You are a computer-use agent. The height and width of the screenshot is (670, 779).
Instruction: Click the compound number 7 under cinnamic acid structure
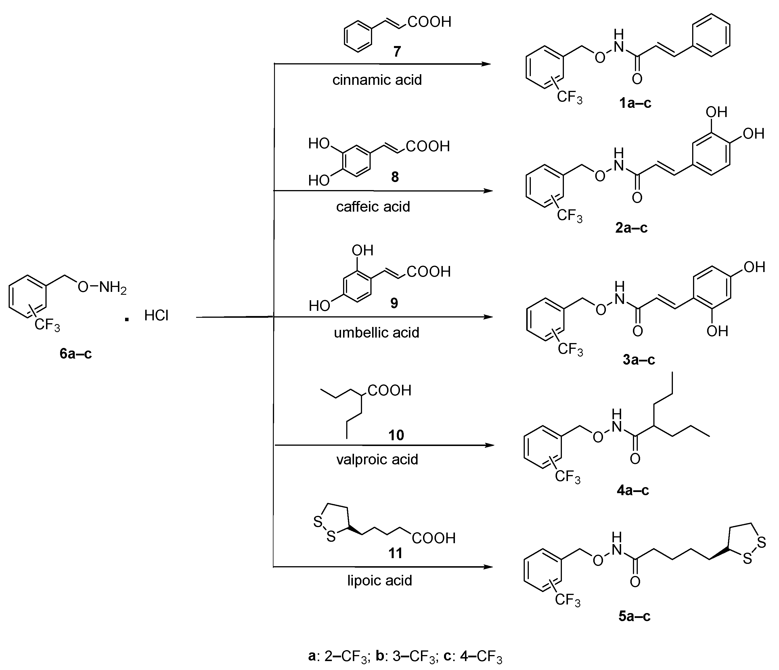pyautogui.click(x=397, y=51)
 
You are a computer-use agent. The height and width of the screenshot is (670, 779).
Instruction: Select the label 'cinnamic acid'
pyautogui.click(x=377, y=80)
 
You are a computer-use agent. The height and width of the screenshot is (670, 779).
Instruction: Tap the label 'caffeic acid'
pyautogui.click(x=373, y=206)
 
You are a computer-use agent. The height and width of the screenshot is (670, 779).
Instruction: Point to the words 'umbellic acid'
pyautogui.click(x=376, y=332)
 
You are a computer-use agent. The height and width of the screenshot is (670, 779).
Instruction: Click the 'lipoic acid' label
pyautogui.click(x=379, y=581)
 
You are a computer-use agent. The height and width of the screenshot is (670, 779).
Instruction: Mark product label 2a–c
pyautogui.click(x=631, y=227)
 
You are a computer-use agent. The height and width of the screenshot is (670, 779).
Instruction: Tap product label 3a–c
pyautogui.click(x=638, y=359)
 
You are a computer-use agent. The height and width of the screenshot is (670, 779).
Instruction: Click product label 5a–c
pyautogui.click(x=634, y=616)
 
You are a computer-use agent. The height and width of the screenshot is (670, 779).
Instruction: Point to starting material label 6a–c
pyautogui.click(x=76, y=353)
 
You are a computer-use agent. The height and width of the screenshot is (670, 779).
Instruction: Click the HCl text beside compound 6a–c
pyautogui.click(x=156, y=315)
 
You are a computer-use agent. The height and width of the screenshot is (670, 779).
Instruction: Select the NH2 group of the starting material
pyautogui.click(x=112, y=288)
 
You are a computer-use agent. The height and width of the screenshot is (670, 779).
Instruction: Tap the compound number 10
pyautogui.click(x=396, y=435)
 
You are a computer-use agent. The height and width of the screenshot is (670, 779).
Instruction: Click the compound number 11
pyautogui.click(x=395, y=553)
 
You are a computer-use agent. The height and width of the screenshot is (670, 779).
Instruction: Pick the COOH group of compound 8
pyautogui.click(x=428, y=146)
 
